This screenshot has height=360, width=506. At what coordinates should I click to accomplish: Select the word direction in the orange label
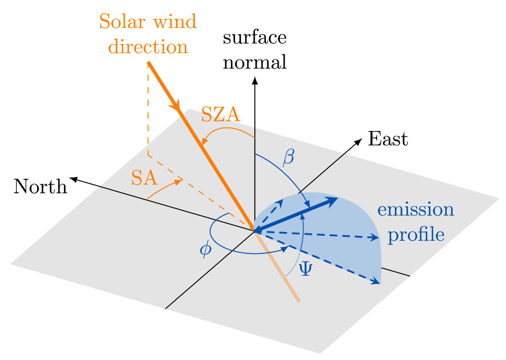coord(148,47)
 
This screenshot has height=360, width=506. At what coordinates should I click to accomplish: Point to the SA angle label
coord(145,178)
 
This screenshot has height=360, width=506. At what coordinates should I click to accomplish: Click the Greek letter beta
coord(288,157)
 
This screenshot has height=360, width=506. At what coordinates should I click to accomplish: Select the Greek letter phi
coord(205,249)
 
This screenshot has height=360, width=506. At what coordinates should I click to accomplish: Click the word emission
coord(415,210)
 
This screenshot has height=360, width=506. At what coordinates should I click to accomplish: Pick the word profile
coord(416,235)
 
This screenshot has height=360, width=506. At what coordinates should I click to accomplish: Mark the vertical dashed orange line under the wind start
coord(148,112)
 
